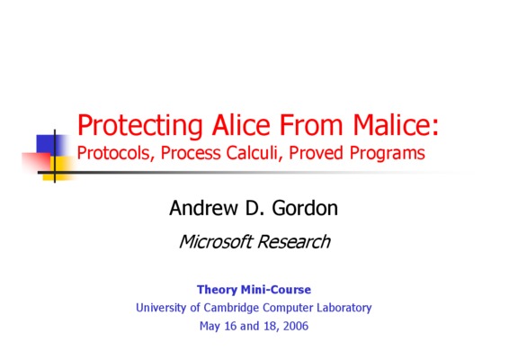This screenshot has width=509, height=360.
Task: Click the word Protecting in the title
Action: click(x=140, y=125)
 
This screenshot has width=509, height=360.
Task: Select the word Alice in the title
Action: click(x=241, y=124)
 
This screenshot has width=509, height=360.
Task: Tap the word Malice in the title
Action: click(x=396, y=124)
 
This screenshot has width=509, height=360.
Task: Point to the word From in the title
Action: click(x=311, y=125)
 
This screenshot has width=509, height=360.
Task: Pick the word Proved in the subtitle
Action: click(x=316, y=153)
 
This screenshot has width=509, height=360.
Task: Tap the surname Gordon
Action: click(x=305, y=208)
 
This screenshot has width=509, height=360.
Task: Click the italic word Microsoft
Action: click(x=216, y=242)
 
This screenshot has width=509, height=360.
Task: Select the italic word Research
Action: click(x=294, y=242)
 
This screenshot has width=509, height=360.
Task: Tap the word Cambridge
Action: click(x=231, y=308)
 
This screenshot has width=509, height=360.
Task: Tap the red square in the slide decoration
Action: click(x=36, y=161)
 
